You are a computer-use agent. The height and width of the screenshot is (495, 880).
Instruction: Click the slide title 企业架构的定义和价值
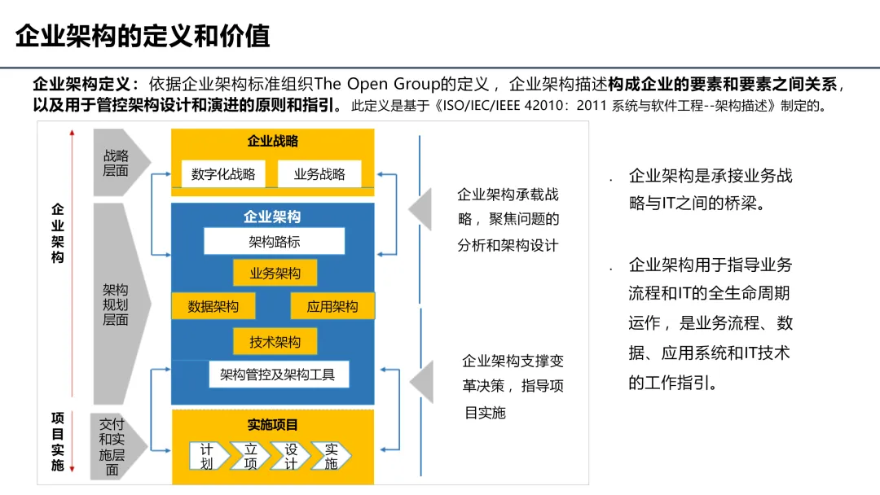point(142,37)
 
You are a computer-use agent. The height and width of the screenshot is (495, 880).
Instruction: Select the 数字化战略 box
point(223,173)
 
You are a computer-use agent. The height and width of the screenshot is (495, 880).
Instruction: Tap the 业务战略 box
point(319,173)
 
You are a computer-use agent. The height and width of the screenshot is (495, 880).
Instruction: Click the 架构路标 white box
point(275,242)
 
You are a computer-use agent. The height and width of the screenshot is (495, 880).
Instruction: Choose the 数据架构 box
point(213,306)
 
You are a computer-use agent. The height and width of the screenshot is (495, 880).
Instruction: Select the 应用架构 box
point(332,306)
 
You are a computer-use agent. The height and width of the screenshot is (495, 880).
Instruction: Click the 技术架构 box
point(275,342)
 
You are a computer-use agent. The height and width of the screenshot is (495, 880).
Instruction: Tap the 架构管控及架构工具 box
point(278,375)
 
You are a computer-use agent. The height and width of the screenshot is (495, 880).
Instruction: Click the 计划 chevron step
point(208,457)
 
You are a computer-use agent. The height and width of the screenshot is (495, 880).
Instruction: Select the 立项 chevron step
point(250,457)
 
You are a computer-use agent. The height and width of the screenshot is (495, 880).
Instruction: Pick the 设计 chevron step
point(291,457)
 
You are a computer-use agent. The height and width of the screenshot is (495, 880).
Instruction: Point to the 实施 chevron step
point(331,457)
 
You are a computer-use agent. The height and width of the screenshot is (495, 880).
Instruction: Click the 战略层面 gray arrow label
point(116,163)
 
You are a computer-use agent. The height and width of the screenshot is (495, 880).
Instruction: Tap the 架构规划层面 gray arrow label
point(116,304)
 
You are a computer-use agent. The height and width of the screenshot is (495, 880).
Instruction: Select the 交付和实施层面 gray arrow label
point(112,447)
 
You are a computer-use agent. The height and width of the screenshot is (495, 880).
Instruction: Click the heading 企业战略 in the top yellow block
point(273,141)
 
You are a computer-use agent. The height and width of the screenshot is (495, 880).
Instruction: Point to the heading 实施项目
point(273,425)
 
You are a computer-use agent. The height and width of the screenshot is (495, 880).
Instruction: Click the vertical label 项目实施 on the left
point(57,441)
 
